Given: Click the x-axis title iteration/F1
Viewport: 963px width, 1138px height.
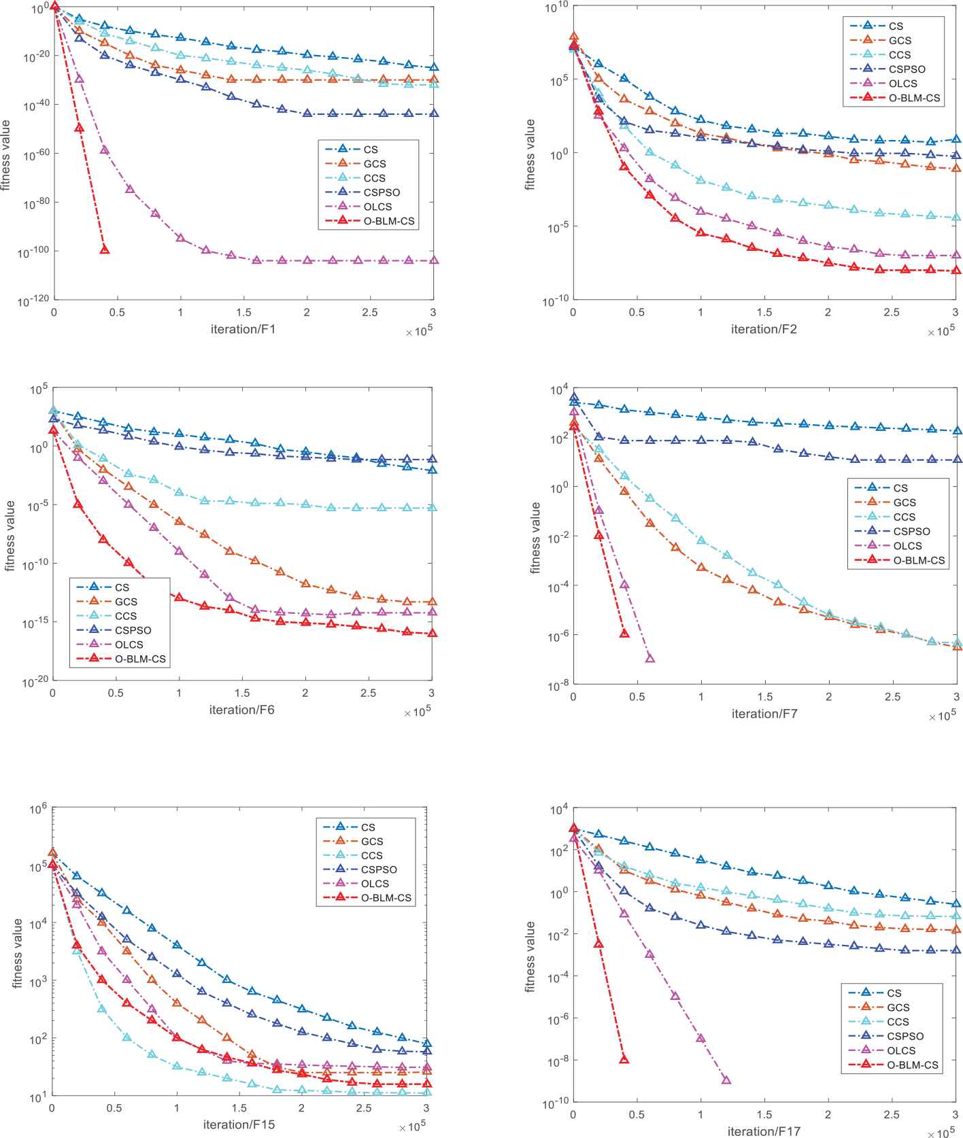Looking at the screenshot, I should coord(243,330).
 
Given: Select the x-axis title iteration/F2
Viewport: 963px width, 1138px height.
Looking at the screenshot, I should coord(764,330).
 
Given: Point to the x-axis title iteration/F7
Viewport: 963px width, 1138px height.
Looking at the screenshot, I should coord(764,714).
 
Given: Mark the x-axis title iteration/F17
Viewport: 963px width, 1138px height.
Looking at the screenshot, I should coord(764,1132).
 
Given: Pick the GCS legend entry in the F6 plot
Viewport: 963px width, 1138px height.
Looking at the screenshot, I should coord(126,602).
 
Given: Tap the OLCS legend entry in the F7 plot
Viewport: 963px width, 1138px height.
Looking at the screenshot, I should coord(907,546).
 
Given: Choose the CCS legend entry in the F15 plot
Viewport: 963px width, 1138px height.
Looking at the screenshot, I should coord(371,855).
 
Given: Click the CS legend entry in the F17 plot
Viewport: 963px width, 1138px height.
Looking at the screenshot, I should coord(894,993).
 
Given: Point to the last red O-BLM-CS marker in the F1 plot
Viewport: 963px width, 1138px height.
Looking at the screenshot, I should coord(105,249).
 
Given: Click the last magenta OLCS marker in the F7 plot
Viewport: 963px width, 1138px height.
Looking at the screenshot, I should coord(649,658).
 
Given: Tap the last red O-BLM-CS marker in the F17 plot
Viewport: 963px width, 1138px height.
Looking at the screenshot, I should coord(624,1059).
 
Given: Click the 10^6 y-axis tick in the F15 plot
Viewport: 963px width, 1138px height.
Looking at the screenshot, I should coord(37,810).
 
